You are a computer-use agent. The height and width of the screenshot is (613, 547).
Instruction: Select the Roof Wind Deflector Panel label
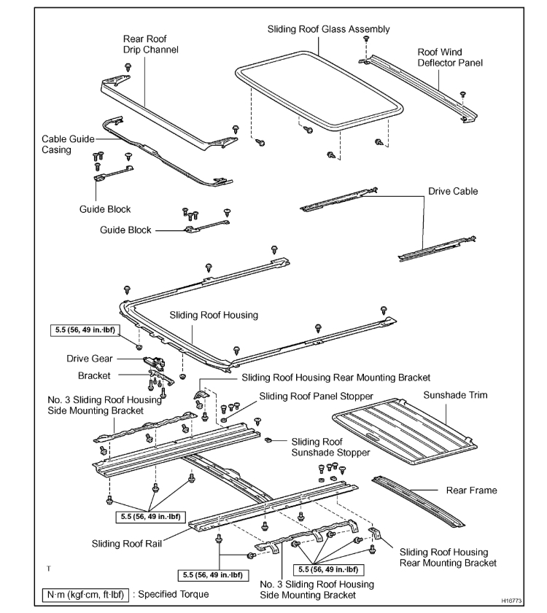(450, 58)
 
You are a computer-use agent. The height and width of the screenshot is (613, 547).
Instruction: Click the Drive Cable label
(453, 191)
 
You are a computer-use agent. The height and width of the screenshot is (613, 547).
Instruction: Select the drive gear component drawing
(158, 362)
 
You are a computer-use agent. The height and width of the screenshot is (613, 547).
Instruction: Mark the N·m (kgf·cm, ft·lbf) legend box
(85, 594)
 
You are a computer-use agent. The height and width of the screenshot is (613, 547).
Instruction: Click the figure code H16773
(512, 602)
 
